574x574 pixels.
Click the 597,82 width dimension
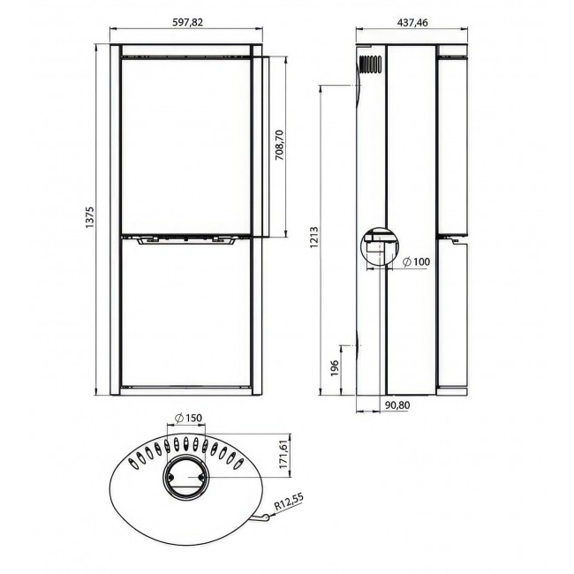click(x=187, y=22)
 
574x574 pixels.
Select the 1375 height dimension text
click(x=90, y=217)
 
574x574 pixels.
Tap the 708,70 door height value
click(x=280, y=145)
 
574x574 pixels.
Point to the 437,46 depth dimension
click(x=412, y=23)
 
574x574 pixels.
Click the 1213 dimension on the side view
click(x=314, y=238)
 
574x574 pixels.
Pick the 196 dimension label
click(x=335, y=368)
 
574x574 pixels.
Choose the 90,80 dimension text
click(x=397, y=405)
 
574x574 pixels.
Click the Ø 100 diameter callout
click(x=416, y=261)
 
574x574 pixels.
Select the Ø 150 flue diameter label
click(x=188, y=418)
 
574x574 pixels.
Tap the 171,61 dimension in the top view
click(x=283, y=454)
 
